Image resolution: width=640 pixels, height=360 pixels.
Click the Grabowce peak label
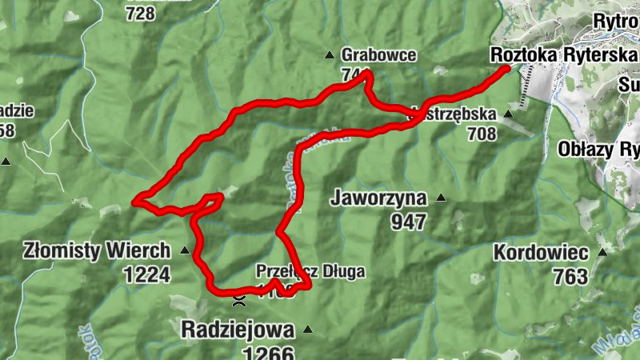(x=378, y=55)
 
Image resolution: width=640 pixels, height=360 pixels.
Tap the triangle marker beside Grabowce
(x=328, y=55)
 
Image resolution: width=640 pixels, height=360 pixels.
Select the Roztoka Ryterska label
(x=564, y=54)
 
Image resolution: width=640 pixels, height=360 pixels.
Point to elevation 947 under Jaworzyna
(x=409, y=221)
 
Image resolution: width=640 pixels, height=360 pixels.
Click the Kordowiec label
(x=541, y=253)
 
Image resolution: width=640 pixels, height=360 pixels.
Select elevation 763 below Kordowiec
(x=570, y=277)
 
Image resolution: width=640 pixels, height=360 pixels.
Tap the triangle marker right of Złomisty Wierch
(x=185, y=250)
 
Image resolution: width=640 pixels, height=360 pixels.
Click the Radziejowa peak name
(x=238, y=329)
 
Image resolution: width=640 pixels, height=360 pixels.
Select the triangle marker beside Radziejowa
(x=305, y=329)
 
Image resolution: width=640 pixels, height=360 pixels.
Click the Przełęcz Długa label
(x=310, y=272)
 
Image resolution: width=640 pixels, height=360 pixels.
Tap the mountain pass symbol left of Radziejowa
(x=238, y=302)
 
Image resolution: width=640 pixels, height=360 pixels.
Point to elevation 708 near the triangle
(x=482, y=134)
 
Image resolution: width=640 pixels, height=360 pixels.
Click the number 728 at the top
(x=140, y=13)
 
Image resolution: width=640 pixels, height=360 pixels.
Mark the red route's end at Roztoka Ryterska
(x=506, y=69)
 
